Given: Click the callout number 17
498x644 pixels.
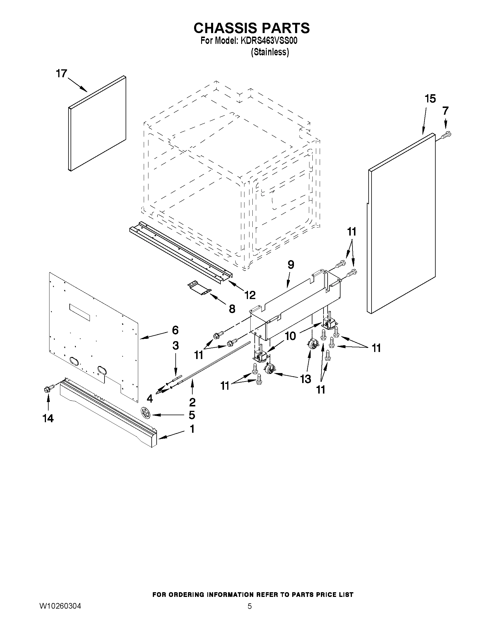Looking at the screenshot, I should coord(62,73).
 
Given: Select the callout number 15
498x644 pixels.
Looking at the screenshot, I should coord(430,99).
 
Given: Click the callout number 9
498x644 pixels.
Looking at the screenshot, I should coord(291,265).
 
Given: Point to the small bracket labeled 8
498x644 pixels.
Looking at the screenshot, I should coord(199,288).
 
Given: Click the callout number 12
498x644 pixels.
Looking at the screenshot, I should coord(250,295).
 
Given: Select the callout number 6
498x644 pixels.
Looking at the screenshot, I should coord(175,330).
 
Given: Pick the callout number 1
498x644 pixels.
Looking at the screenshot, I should coord(192,429).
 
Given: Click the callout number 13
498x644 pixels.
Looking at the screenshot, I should coord(305,379).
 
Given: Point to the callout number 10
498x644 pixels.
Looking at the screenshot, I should coord(290,336).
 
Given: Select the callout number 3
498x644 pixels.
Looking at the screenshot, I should coord(175,345).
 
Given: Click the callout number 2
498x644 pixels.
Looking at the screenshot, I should coord(192,402).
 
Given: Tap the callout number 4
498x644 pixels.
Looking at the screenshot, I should coord(150,399).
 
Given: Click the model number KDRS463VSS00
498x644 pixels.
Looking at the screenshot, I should coord(269,41).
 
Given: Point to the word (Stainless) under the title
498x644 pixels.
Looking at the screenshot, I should coord(270,52).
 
